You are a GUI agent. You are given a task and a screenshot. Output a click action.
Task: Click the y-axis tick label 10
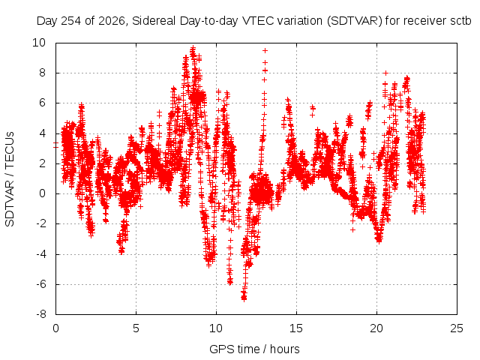[x=39, y=43]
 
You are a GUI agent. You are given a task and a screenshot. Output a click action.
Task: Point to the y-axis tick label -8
[x=40, y=314]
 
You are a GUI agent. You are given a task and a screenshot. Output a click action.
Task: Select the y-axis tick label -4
[x=40, y=254]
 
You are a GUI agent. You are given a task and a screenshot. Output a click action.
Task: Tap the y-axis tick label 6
[x=42, y=103]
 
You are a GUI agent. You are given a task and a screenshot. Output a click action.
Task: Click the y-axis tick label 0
[x=42, y=193]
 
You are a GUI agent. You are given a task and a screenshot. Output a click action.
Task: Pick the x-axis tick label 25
[x=457, y=328]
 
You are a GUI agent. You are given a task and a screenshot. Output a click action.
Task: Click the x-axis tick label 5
[x=136, y=328]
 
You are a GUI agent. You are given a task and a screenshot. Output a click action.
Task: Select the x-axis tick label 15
[x=296, y=328]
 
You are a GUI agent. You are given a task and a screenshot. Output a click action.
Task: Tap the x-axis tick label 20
[x=376, y=328]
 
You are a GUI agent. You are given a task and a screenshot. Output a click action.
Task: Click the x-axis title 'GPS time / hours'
[x=254, y=349]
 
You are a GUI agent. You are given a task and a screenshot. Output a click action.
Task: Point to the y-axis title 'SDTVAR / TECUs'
[x=10, y=179]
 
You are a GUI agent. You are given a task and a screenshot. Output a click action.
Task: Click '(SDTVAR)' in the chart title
[x=355, y=21]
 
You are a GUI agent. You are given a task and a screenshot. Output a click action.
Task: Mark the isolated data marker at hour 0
[x=55, y=145]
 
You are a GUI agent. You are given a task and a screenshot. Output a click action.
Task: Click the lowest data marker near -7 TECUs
[x=244, y=299]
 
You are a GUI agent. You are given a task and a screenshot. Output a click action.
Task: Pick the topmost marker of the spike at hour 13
[x=265, y=50]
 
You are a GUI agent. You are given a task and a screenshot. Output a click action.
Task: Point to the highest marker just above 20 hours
[x=386, y=73]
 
